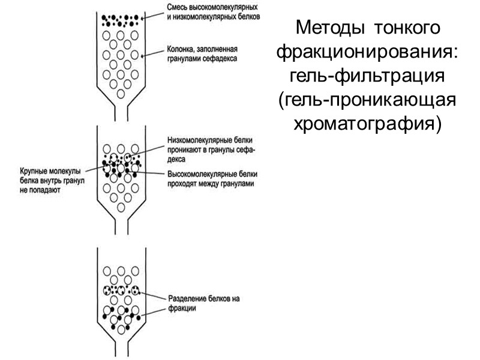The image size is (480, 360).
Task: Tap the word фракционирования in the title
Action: tap(367, 52)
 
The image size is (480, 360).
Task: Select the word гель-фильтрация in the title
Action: tap(367, 76)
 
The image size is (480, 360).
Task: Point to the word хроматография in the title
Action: tap(367, 124)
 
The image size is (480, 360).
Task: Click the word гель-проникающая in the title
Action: tap(367, 100)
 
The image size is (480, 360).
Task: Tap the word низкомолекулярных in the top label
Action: tap(202, 18)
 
